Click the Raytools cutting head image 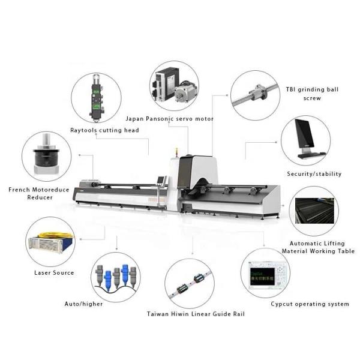97,98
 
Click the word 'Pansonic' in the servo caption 160,119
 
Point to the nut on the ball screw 258,92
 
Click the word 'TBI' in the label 290,89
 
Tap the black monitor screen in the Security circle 304,133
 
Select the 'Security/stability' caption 314,174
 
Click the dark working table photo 314,211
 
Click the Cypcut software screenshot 266,275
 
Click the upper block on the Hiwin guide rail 199,278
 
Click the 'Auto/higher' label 83,304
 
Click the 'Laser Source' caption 54,273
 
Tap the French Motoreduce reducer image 46,154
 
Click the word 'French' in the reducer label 19,190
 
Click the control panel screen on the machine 161,180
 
